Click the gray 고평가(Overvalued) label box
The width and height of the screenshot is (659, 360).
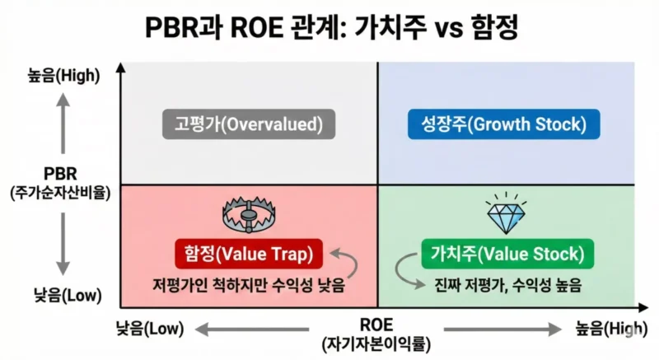tap(248, 126)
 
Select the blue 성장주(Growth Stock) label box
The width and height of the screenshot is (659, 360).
tap(504, 126)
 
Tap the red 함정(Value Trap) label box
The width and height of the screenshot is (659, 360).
tap(250, 254)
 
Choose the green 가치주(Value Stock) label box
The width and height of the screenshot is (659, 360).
tap(507, 254)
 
